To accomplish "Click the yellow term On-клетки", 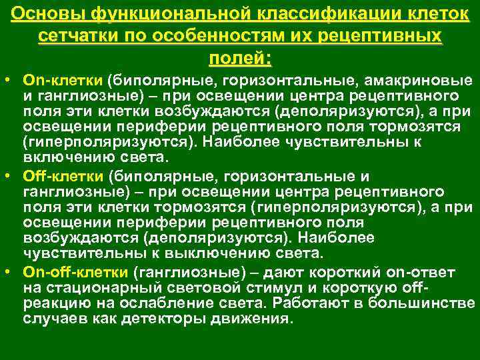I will pyautogui.click(x=59, y=80).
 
